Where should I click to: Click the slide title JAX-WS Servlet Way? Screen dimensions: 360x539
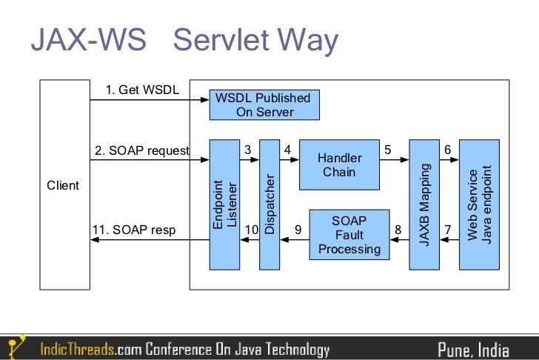184,41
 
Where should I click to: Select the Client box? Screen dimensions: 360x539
63,185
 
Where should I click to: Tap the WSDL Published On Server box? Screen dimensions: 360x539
264,105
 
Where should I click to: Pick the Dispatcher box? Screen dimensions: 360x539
269,204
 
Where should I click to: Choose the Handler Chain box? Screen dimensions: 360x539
339,165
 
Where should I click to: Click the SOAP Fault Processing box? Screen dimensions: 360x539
349,234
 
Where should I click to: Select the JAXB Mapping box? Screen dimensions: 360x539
424,204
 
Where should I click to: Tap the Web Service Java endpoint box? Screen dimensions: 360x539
479,204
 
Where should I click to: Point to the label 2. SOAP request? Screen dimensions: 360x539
141,150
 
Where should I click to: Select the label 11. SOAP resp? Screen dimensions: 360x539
134,230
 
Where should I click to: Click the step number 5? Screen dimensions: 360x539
387,150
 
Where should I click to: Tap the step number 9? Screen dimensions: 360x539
298,230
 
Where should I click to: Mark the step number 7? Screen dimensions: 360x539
447,230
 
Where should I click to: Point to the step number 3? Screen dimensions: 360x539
248,150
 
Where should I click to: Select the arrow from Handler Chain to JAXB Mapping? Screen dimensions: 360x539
394,159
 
